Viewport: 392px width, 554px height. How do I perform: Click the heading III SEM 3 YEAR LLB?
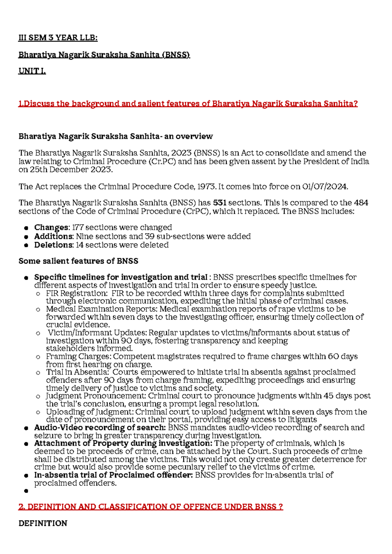58,38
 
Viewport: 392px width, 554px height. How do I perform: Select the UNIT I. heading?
32,71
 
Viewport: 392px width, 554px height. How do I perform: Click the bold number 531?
220,203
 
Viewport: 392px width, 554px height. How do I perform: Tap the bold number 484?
361,203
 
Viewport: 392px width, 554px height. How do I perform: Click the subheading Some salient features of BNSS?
78,261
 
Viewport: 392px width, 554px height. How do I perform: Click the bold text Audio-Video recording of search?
100,428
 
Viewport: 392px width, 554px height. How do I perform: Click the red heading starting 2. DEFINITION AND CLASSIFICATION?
151,507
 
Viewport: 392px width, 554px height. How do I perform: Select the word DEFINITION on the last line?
43,524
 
